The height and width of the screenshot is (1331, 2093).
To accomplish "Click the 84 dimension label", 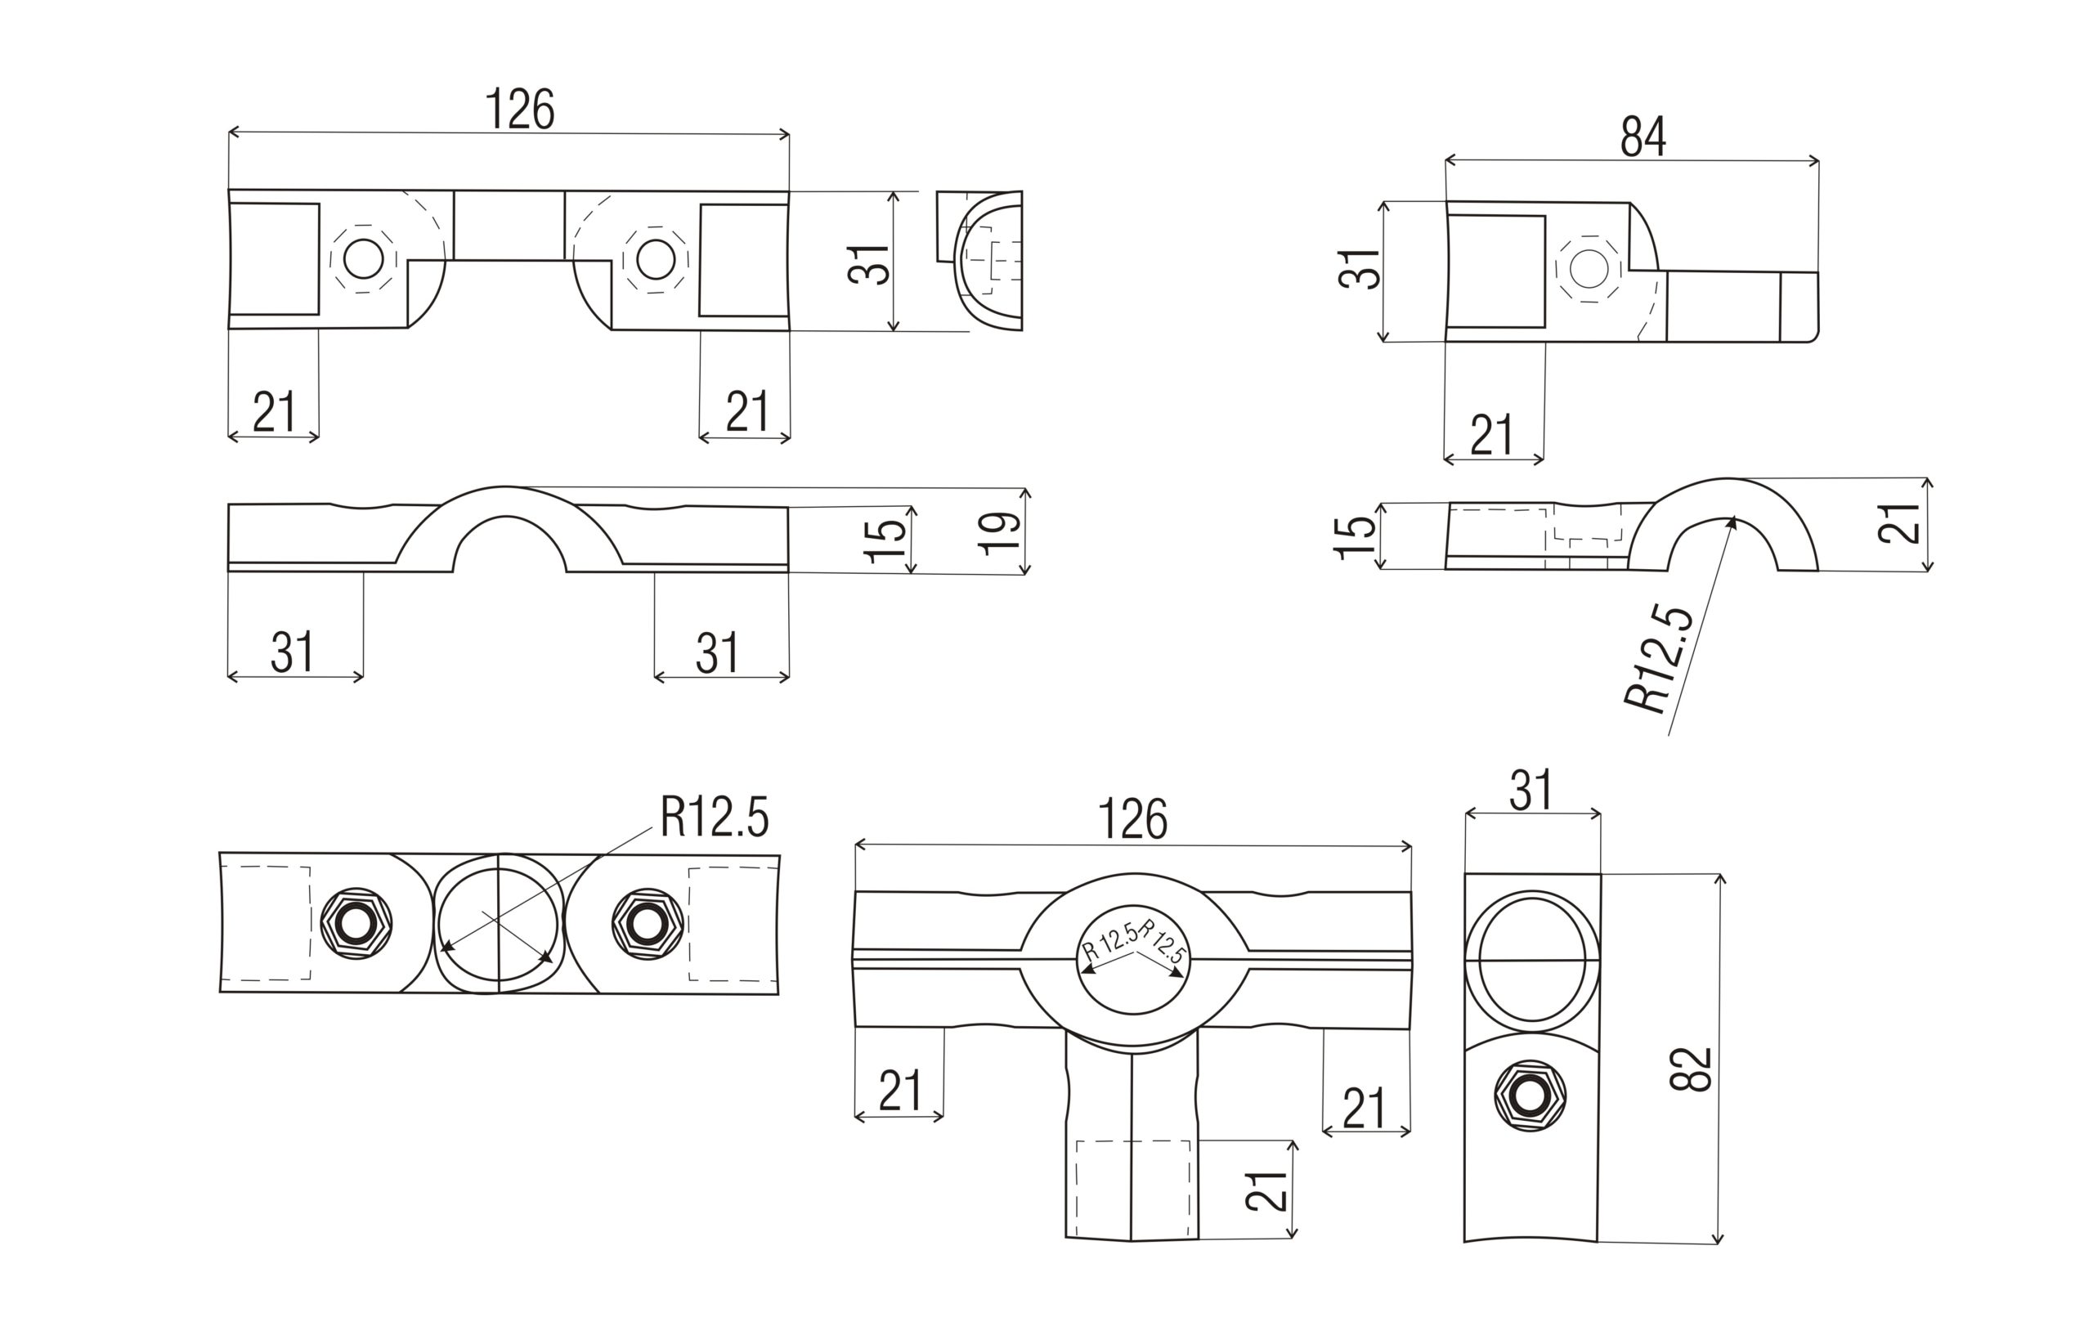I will click(1643, 137).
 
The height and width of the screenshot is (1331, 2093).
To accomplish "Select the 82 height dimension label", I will click(1691, 1069).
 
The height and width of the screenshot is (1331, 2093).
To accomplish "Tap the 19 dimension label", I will click(1000, 532).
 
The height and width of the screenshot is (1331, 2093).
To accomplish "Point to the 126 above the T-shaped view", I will click(1132, 819).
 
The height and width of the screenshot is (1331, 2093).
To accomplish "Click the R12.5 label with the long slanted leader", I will click(1658, 660).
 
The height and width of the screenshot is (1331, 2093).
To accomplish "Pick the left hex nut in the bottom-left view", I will click(356, 925).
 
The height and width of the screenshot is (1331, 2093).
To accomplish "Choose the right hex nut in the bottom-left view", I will click(647, 924).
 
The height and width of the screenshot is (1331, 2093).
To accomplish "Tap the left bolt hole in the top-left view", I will click(363, 258).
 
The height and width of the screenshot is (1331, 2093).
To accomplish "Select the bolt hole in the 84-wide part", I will click(1589, 269).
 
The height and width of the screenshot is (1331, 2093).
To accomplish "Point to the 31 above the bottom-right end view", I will click(1531, 791).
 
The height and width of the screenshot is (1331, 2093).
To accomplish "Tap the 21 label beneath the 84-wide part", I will click(1491, 435).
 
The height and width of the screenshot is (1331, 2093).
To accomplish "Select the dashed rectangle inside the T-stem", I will click(1132, 1188).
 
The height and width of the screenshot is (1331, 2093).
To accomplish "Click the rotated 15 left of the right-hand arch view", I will click(1355, 537).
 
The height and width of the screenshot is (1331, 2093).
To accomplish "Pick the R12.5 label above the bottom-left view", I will click(715, 818).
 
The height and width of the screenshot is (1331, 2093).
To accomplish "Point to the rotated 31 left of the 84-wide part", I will click(1359, 269).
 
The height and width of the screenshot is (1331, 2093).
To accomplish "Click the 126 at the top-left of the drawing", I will click(520, 110).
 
